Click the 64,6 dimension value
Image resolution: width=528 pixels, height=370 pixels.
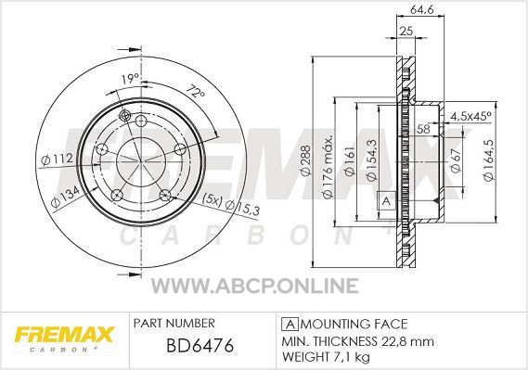421,9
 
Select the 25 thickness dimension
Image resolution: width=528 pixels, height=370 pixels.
406,31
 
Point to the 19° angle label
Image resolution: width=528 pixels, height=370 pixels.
130,80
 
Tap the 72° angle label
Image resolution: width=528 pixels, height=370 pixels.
195,93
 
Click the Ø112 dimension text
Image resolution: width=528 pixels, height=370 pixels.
57,159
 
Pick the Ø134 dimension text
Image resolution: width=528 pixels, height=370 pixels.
65,197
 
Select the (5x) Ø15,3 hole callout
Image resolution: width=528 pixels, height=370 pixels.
231,205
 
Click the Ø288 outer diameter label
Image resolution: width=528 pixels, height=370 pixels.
305,160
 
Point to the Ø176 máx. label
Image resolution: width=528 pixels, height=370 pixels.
328,167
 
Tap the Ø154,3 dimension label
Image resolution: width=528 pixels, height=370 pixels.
371,160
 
